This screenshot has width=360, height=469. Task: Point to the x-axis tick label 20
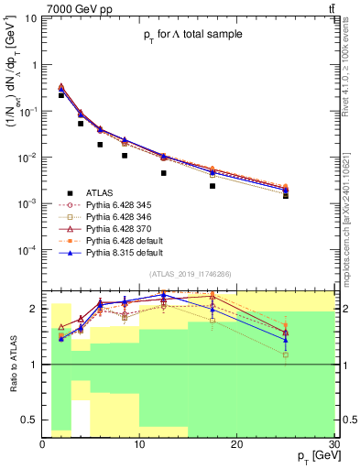point(236,444)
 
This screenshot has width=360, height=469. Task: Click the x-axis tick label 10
point(139,444)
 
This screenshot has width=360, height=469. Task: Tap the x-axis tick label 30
point(333,444)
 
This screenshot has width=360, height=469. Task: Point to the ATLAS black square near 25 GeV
point(285,195)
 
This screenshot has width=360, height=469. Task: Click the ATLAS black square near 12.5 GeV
point(164,173)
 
